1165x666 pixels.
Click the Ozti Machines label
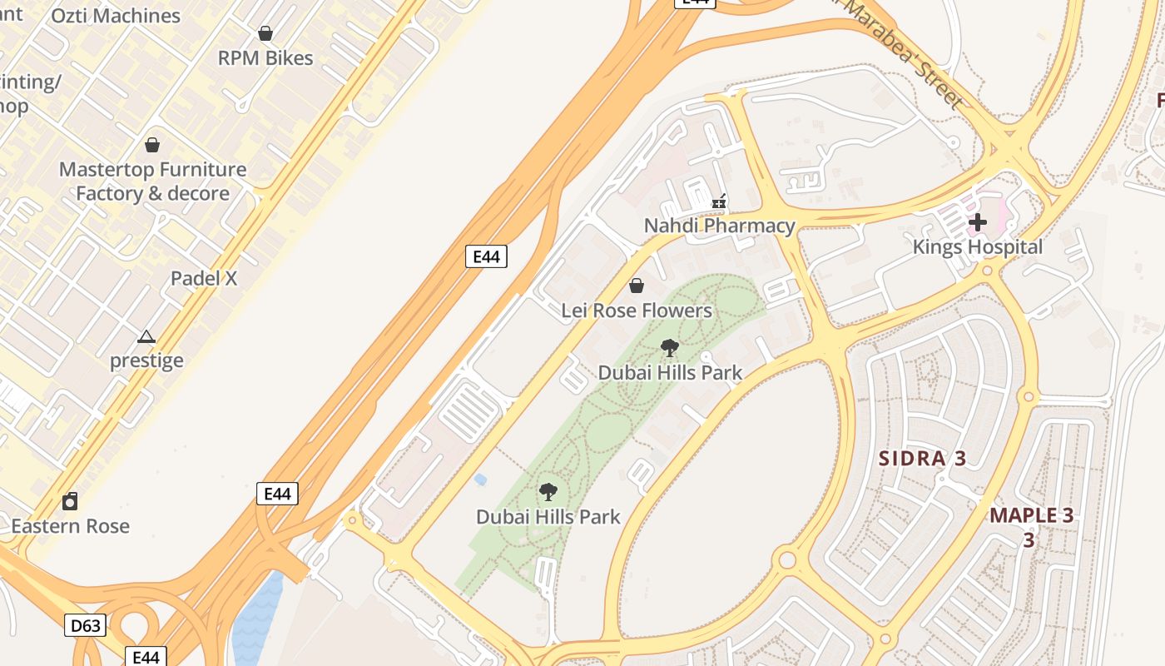[116, 16]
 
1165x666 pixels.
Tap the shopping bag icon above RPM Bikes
[265, 33]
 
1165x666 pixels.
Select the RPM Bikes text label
[265, 58]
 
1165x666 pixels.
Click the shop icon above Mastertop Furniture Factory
[152, 145]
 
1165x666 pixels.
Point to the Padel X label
[204, 278]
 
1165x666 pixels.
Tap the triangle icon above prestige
[146, 337]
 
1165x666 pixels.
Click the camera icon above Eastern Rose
[71, 501]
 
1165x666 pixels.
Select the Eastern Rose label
[71, 526]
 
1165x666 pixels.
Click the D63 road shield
[85, 625]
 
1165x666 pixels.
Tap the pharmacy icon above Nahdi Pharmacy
[720, 201]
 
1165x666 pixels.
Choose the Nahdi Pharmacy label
[720, 226]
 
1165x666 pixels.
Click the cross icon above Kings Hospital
[978, 222]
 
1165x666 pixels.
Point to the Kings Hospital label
[978, 247]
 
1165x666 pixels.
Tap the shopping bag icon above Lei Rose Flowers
[637, 286]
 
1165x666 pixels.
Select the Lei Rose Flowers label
[637, 311]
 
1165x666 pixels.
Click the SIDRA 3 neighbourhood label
[924, 459]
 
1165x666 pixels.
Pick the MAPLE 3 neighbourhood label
[1031, 515]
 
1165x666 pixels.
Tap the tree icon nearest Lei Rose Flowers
[670, 348]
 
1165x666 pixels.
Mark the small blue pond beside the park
[480, 480]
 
